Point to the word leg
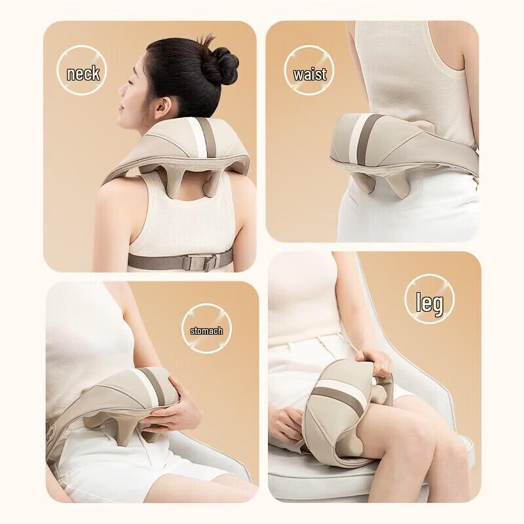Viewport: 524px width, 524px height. [429, 303]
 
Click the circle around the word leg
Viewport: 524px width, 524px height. [429, 282]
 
